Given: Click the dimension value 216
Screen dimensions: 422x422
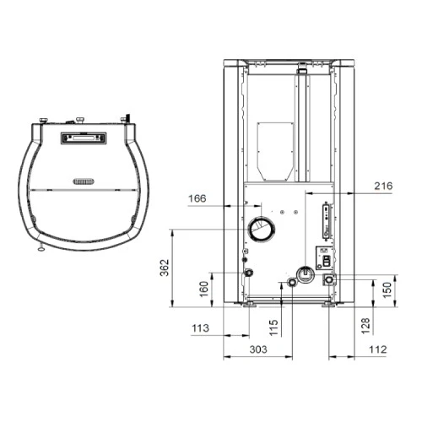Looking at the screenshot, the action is pos(383,186).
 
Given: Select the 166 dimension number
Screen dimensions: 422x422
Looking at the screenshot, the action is pos(197,198).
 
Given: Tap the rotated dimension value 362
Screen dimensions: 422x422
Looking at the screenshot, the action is pos(165,268).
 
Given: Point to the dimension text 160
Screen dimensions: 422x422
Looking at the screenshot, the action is pos(203,289).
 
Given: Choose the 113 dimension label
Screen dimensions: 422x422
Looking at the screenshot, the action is pos(200,328).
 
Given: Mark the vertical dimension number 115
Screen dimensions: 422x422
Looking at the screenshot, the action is pos(273,327).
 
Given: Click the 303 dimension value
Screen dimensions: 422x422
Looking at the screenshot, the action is pos(258,349).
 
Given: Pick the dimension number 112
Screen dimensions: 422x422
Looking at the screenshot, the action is pos(378,349).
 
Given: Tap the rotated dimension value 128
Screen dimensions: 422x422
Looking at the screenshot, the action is pos(365,326).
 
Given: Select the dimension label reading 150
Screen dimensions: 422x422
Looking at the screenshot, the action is pos(387,290).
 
